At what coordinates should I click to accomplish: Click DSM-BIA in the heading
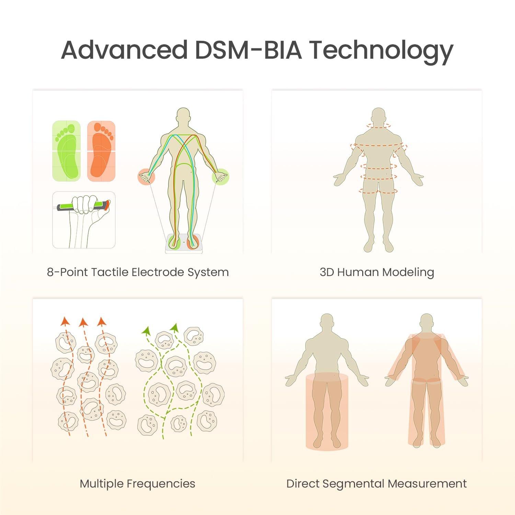(248, 50)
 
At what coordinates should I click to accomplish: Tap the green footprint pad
(66, 151)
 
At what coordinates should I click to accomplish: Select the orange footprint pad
(101, 151)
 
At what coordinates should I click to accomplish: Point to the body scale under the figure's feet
(184, 244)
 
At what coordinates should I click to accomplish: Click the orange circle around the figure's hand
(146, 177)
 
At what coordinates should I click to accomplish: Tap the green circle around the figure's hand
(220, 177)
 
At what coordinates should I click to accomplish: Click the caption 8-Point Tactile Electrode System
(138, 272)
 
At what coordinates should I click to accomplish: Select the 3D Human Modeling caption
(377, 272)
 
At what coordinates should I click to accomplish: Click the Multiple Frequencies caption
(137, 484)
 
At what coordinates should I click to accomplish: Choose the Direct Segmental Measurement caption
(376, 484)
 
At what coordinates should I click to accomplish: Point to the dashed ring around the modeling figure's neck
(378, 126)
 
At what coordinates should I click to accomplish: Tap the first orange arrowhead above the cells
(65, 321)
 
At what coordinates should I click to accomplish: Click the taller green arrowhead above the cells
(175, 327)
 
